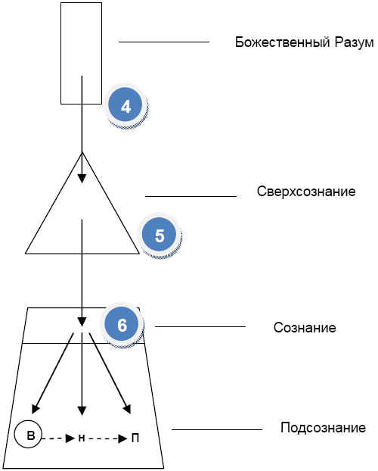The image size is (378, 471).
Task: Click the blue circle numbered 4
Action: pyautogui.click(x=125, y=104)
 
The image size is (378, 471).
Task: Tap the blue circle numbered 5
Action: pyautogui.click(x=159, y=234)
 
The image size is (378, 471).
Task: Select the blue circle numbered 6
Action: pyautogui.click(x=122, y=324)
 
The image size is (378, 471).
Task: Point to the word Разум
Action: pyautogui.click(x=355, y=42)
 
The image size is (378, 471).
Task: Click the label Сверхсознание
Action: pyautogui.click(x=306, y=192)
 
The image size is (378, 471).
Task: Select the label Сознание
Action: pyautogui.click(x=305, y=327)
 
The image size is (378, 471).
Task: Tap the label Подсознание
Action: pyautogui.click(x=323, y=427)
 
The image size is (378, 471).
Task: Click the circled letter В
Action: pyautogui.click(x=28, y=434)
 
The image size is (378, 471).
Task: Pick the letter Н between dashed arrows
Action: pyautogui.click(x=82, y=438)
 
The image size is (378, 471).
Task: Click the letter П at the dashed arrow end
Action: pyautogui.click(x=135, y=438)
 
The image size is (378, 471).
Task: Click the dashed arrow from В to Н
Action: pyautogui.click(x=58, y=438)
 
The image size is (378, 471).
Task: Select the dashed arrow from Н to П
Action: pyautogui.click(x=107, y=438)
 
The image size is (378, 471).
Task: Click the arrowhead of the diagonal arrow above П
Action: pyautogui.click(x=128, y=409)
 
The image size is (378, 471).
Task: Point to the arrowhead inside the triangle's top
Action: pyautogui.click(x=82, y=179)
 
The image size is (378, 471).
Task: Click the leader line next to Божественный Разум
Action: pyautogui.click(x=164, y=42)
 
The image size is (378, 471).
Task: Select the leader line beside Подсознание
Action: pyautogui.click(x=217, y=429)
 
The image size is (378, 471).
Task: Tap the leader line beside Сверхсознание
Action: pyautogui.click(x=191, y=196)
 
